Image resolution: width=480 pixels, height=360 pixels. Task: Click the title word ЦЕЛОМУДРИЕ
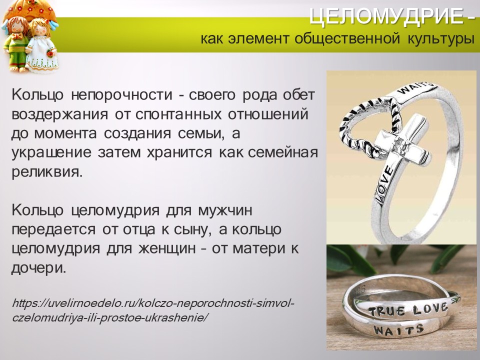[x=384, y=17]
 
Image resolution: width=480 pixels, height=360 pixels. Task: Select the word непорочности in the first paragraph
[x=110, y=95]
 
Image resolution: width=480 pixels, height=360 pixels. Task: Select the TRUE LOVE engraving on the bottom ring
[x=407, y=307]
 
